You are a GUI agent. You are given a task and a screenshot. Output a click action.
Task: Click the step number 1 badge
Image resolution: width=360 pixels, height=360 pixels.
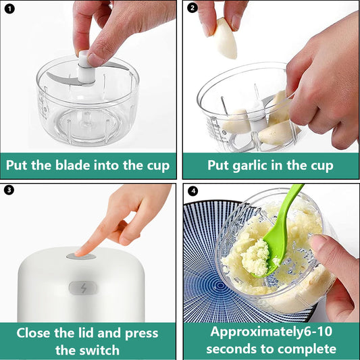(x=9, y=8)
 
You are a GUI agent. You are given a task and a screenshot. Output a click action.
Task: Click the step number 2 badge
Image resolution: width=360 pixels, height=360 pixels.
(x=192, y=8)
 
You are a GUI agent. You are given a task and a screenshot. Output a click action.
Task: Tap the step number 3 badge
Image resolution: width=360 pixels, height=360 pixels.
(x=9, y=190)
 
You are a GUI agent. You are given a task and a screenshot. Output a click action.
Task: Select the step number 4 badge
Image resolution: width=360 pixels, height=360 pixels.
(x=192, y=190)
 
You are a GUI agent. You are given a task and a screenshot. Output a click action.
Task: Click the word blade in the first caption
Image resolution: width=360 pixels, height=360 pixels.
(x=79, y=165)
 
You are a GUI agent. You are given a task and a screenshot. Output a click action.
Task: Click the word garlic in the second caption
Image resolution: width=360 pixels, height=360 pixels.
(x=256, y=165)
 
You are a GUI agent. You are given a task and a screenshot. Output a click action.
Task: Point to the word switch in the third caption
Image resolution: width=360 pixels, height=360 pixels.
(x=98, y=350)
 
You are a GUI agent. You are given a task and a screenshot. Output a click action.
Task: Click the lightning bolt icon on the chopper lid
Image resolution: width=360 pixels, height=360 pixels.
(x=82, y=288)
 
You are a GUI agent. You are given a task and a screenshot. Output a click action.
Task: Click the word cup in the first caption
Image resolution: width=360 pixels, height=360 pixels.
(x=153, y=165)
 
